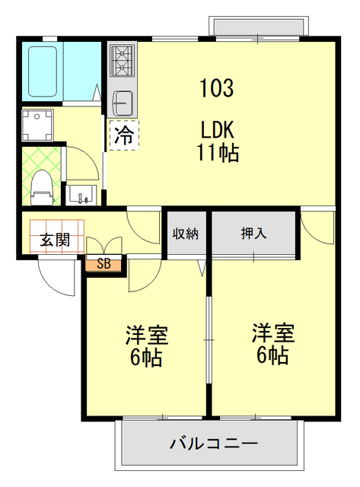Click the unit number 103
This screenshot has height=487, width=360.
point(217,88)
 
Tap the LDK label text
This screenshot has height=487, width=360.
point(219,127)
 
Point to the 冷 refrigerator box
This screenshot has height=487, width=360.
point(123,136)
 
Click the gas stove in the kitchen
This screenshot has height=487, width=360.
point(123,61)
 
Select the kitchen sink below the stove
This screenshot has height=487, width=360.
point(123,100)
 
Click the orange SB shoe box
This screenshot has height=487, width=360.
point(104,265)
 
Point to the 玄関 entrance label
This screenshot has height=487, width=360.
point(55,239)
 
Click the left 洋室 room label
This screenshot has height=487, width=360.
point(146,336)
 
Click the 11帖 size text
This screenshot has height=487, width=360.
point(219,153)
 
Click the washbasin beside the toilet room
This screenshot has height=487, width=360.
point(81,195)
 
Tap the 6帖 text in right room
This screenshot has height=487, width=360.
point(273,355)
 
